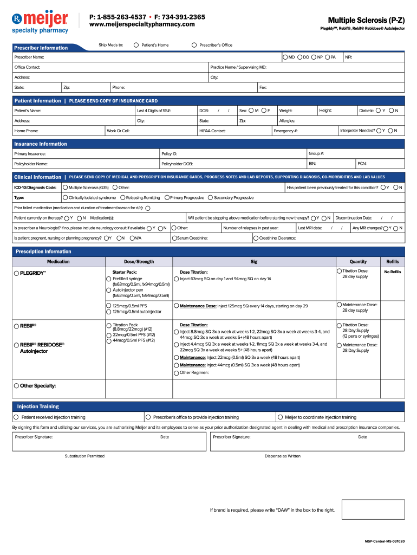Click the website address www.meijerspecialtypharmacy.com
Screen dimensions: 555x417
click(142, 24)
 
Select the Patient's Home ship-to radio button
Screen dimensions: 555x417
click(136, 45)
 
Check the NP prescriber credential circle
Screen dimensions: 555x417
click(314, 57)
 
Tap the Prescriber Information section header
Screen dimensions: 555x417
click(41, 48)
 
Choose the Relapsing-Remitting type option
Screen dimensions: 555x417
click(122, 198)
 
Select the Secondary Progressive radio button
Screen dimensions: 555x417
click(210, 198)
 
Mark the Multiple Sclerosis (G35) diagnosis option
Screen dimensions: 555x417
click(65, 188)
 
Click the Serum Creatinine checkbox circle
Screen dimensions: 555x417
click(174, 238)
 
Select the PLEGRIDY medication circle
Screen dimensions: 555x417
click(17, 273)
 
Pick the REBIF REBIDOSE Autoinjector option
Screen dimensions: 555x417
click(17, 345)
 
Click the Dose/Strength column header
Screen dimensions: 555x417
click(139, 261)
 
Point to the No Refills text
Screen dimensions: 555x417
click(392, 272)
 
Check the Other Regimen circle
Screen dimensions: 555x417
click(177, 373)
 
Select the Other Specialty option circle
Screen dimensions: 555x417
click(17, 386)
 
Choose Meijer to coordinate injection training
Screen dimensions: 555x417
click(279, 417)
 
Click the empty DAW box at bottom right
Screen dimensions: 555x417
click(371, 509)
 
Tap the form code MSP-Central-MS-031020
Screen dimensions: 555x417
click(384, 541)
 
